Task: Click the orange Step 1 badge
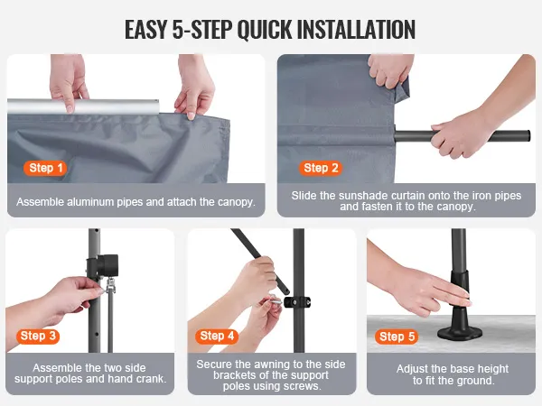pos(45,168)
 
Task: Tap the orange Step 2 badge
pos(321,168)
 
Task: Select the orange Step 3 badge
pos(38,336)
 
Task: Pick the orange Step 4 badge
pos(217,336)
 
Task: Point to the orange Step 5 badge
pos(397,337)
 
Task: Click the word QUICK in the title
pos(265,30)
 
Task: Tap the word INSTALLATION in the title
pos(356,30)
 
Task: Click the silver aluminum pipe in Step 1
pos(83,106)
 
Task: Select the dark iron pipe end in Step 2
pos(526,135)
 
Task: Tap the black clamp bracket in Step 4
pos(297,302)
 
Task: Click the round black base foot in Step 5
pos(460,332)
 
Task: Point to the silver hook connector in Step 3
pos(110,285)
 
